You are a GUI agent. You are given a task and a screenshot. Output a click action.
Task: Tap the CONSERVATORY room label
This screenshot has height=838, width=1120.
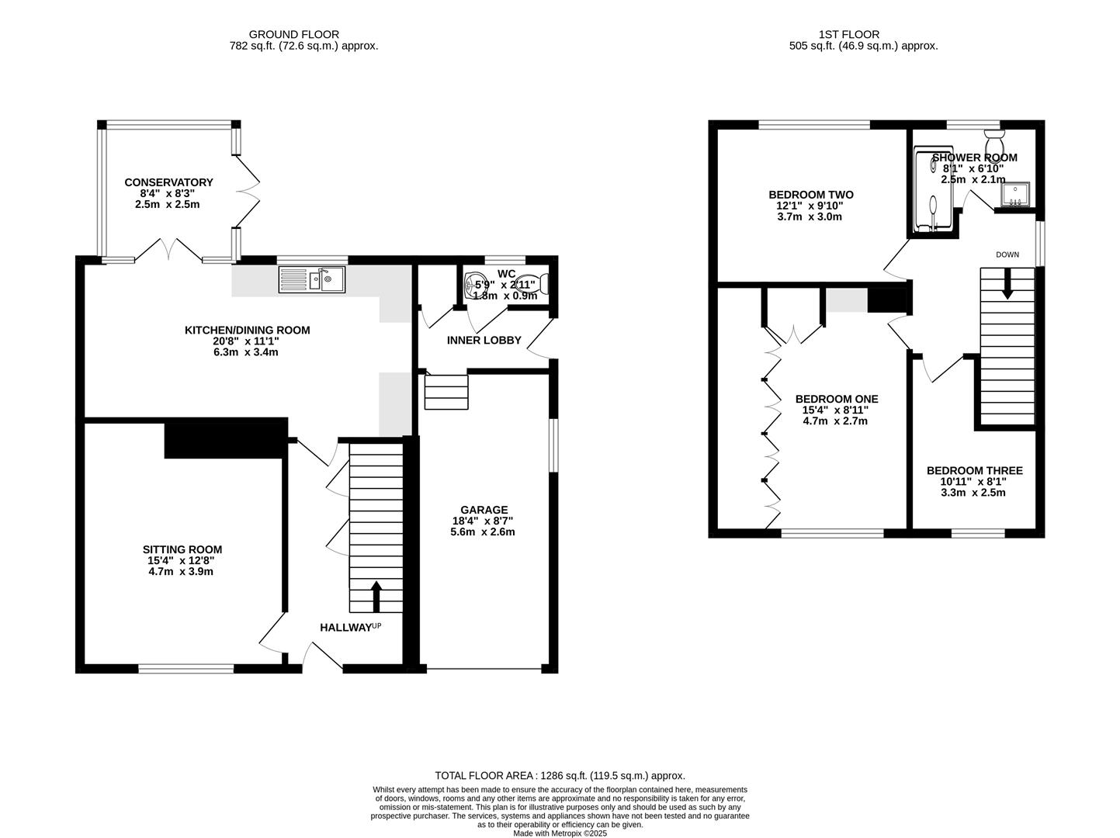[168, 182]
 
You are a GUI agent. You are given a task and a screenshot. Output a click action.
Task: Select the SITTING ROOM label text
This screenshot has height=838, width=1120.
[180, 549]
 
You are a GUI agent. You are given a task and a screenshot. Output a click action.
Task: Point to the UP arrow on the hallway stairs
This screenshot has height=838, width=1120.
[376, 597]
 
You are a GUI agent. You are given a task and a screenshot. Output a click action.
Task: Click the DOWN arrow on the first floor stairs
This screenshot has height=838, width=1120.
[1007, 284]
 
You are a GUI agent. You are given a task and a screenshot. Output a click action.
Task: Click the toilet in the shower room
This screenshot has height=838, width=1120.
[994, 144]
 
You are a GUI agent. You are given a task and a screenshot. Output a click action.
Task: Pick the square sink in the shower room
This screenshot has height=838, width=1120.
[1015, 195]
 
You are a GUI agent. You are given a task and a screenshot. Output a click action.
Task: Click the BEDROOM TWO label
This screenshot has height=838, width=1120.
[810, 195]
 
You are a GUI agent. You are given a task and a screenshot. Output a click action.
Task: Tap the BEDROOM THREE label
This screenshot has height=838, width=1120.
[974, 470]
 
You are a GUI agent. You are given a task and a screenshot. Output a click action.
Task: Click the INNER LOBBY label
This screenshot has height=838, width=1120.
[484, 340]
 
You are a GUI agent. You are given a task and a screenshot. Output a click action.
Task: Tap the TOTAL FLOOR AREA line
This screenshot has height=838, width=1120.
[560, 775]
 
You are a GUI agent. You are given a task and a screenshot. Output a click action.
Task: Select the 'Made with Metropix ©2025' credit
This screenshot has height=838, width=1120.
[560, 833]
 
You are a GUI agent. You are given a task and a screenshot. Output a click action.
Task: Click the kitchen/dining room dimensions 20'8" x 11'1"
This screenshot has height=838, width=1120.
[247, 341]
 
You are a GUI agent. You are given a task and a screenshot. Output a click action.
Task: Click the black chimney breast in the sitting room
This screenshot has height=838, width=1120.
[225, 438]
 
